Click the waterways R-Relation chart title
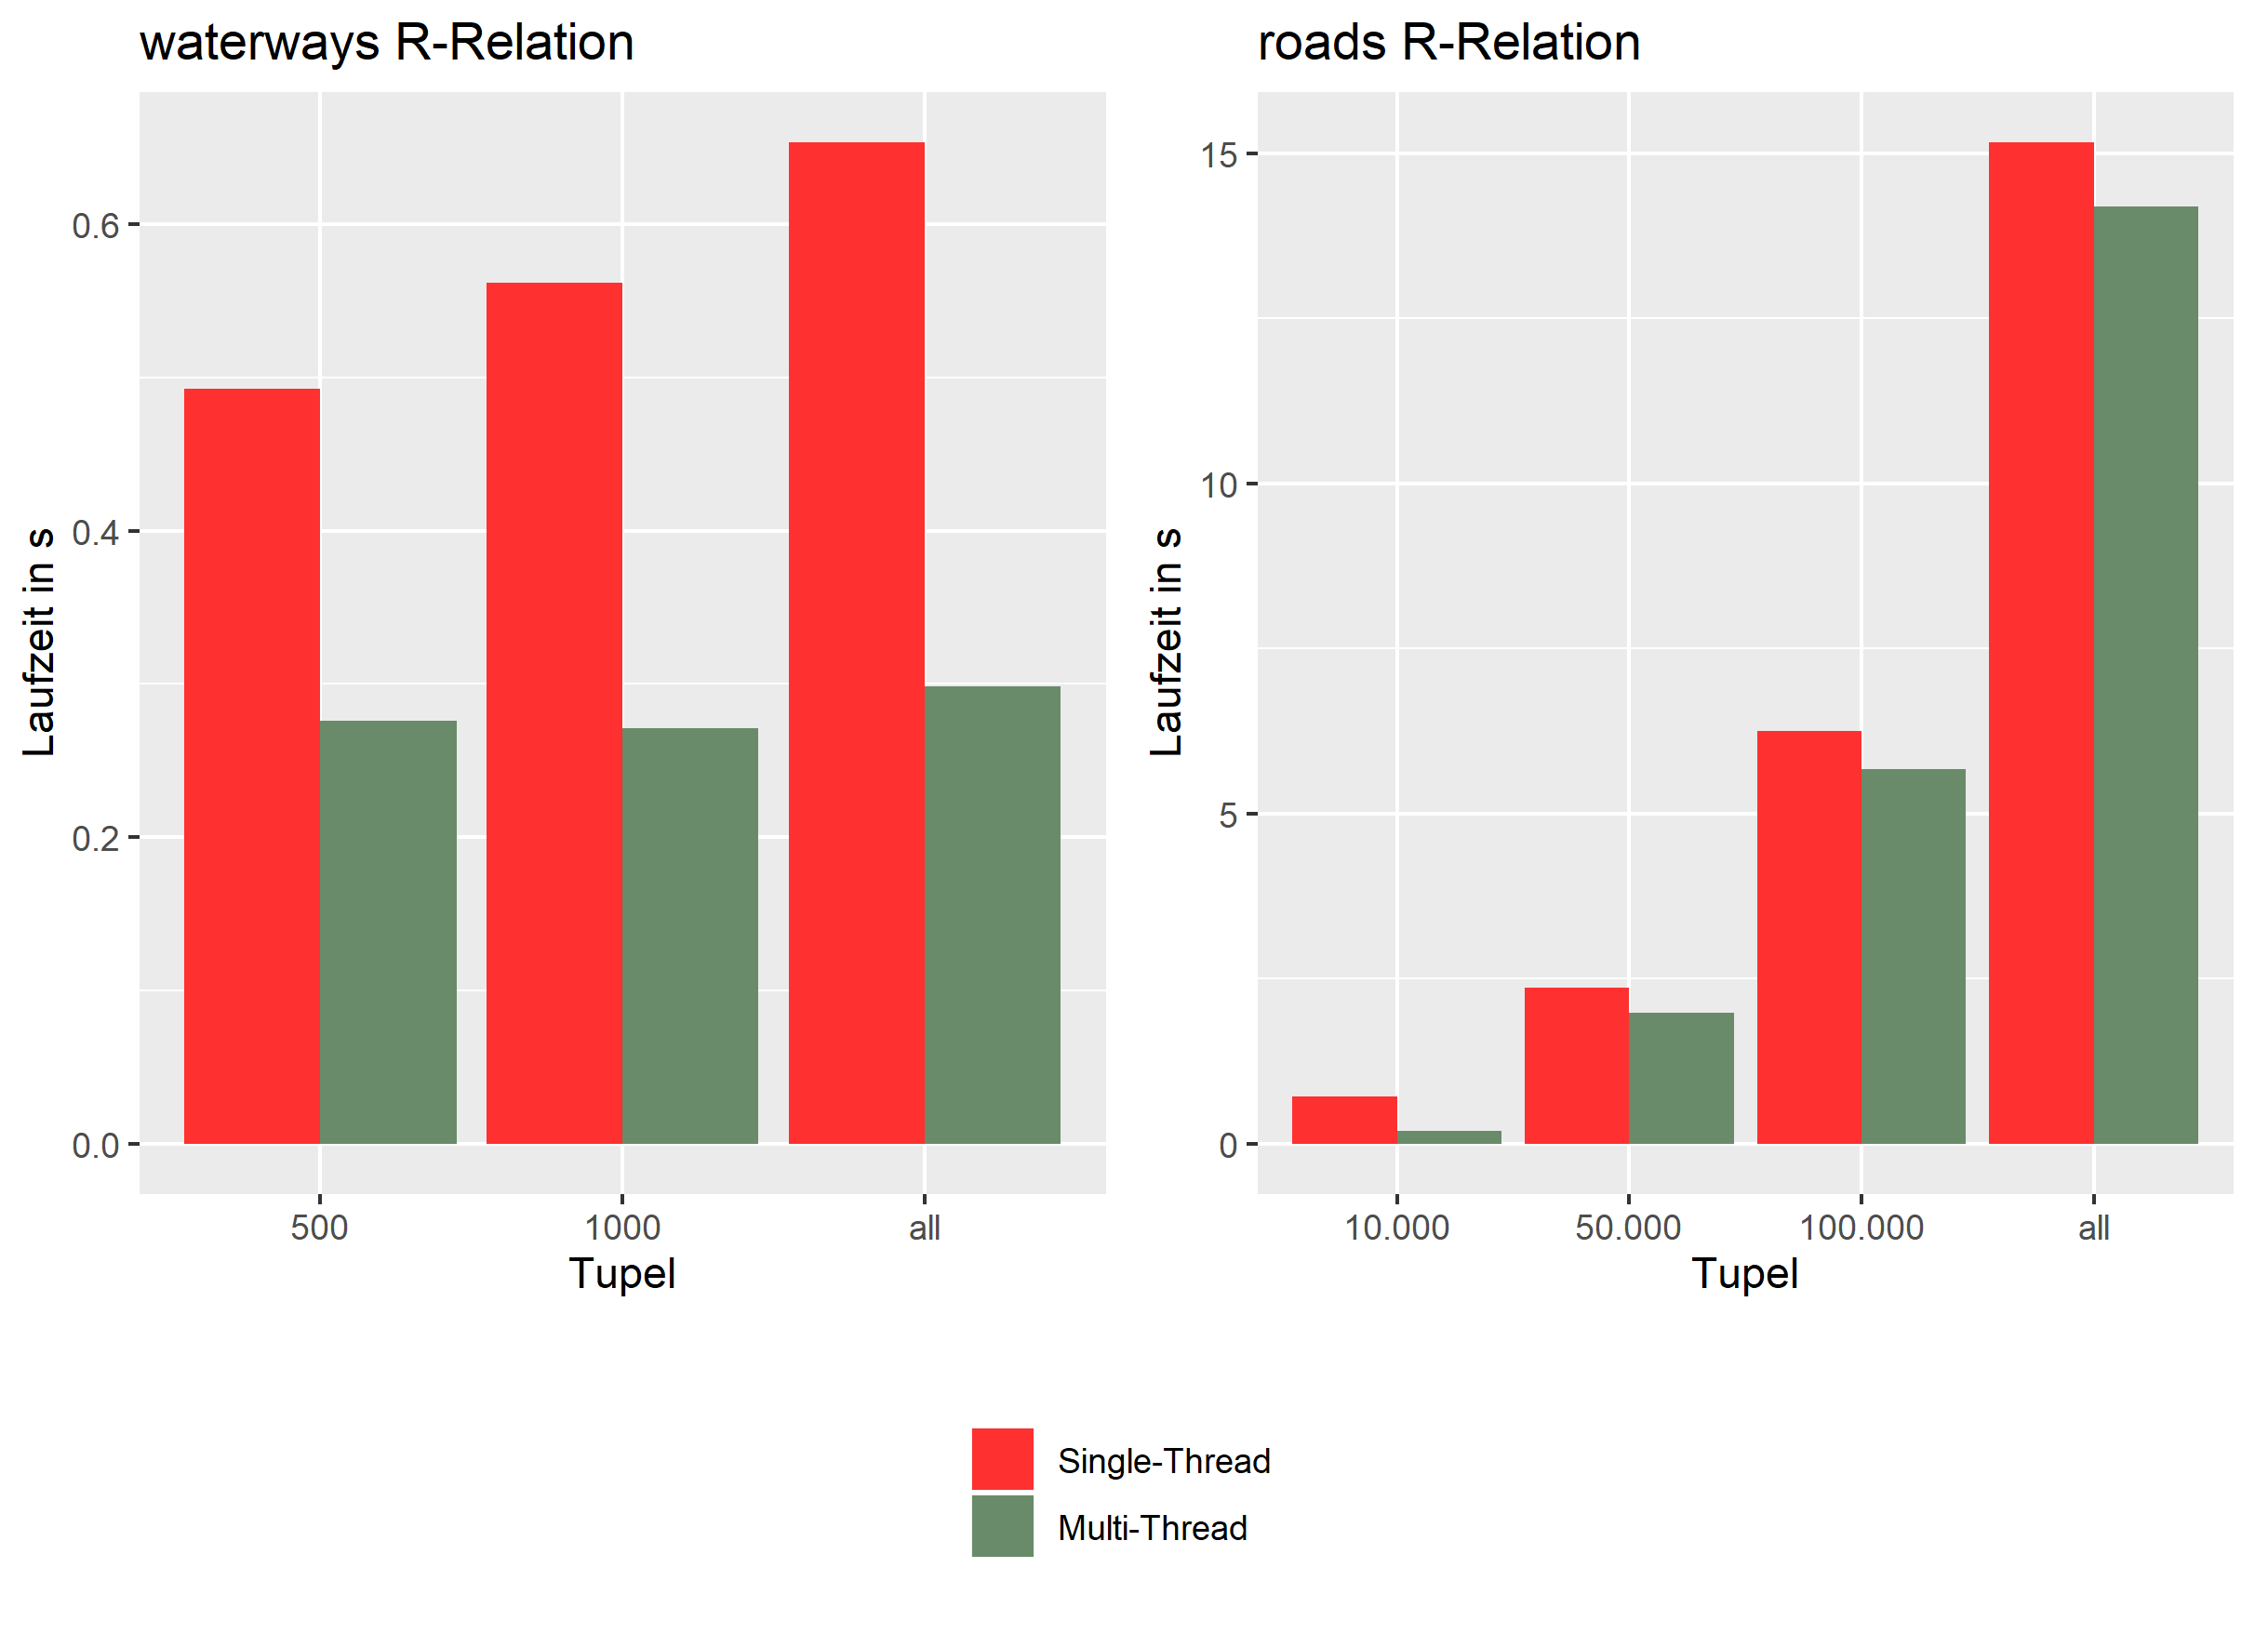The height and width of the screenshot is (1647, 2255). (x=386, y=43)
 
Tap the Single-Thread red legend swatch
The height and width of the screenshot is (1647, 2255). (x=1001, y=1457)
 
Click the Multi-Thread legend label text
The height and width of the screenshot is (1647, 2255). (x=1152, y=1526)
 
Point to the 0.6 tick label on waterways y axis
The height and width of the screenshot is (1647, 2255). (x=95, y=225)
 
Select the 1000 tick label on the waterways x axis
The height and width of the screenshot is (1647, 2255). (x=621, y=1227)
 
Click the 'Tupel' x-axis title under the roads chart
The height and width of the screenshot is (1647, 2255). (x=1743, y=1273)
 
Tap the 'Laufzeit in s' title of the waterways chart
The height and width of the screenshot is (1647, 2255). (x=40, y=642)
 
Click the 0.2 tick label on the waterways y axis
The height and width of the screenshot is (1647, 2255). (x=95, y=838)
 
